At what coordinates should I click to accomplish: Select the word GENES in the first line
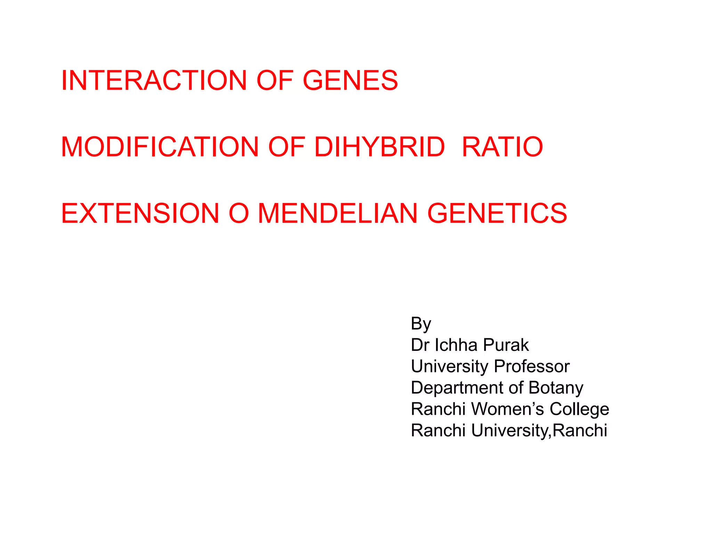(x=350, y=80)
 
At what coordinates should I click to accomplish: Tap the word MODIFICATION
(x=160, y=147)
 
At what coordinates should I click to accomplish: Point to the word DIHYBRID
(x=380, y=147)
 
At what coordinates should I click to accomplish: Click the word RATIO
(x=502, y=147)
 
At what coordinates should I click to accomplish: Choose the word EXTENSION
(x=140, y=213)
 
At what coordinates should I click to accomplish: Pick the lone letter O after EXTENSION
(x=239, y=213)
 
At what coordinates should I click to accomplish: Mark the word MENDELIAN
(x=338, y=213)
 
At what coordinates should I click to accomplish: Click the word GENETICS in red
(x=497, y=213)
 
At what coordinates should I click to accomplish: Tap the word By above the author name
(x=421, y=324)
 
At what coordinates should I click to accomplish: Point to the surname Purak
(x=506, y=345)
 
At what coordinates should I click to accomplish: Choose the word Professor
(x=532, y=366)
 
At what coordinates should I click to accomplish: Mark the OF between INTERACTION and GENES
(x=275, y=80)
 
